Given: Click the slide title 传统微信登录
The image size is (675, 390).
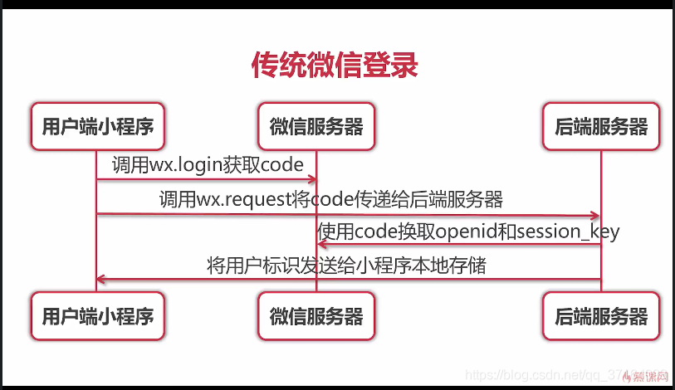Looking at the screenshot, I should [x=334, y=65].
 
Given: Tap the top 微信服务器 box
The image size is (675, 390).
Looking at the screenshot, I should [x=316, y=126].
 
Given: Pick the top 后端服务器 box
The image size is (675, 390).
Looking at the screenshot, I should [x=601, y=126].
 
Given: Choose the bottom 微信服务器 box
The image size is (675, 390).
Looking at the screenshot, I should [x=316, y=316].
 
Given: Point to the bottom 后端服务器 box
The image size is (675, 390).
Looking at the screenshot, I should [x=601, y=316].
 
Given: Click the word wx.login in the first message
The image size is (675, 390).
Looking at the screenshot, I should [x=184, y=165].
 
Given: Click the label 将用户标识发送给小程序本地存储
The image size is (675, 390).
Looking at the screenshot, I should [x=346, y=266].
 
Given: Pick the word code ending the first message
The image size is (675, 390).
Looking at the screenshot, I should [x=282, y=165].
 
